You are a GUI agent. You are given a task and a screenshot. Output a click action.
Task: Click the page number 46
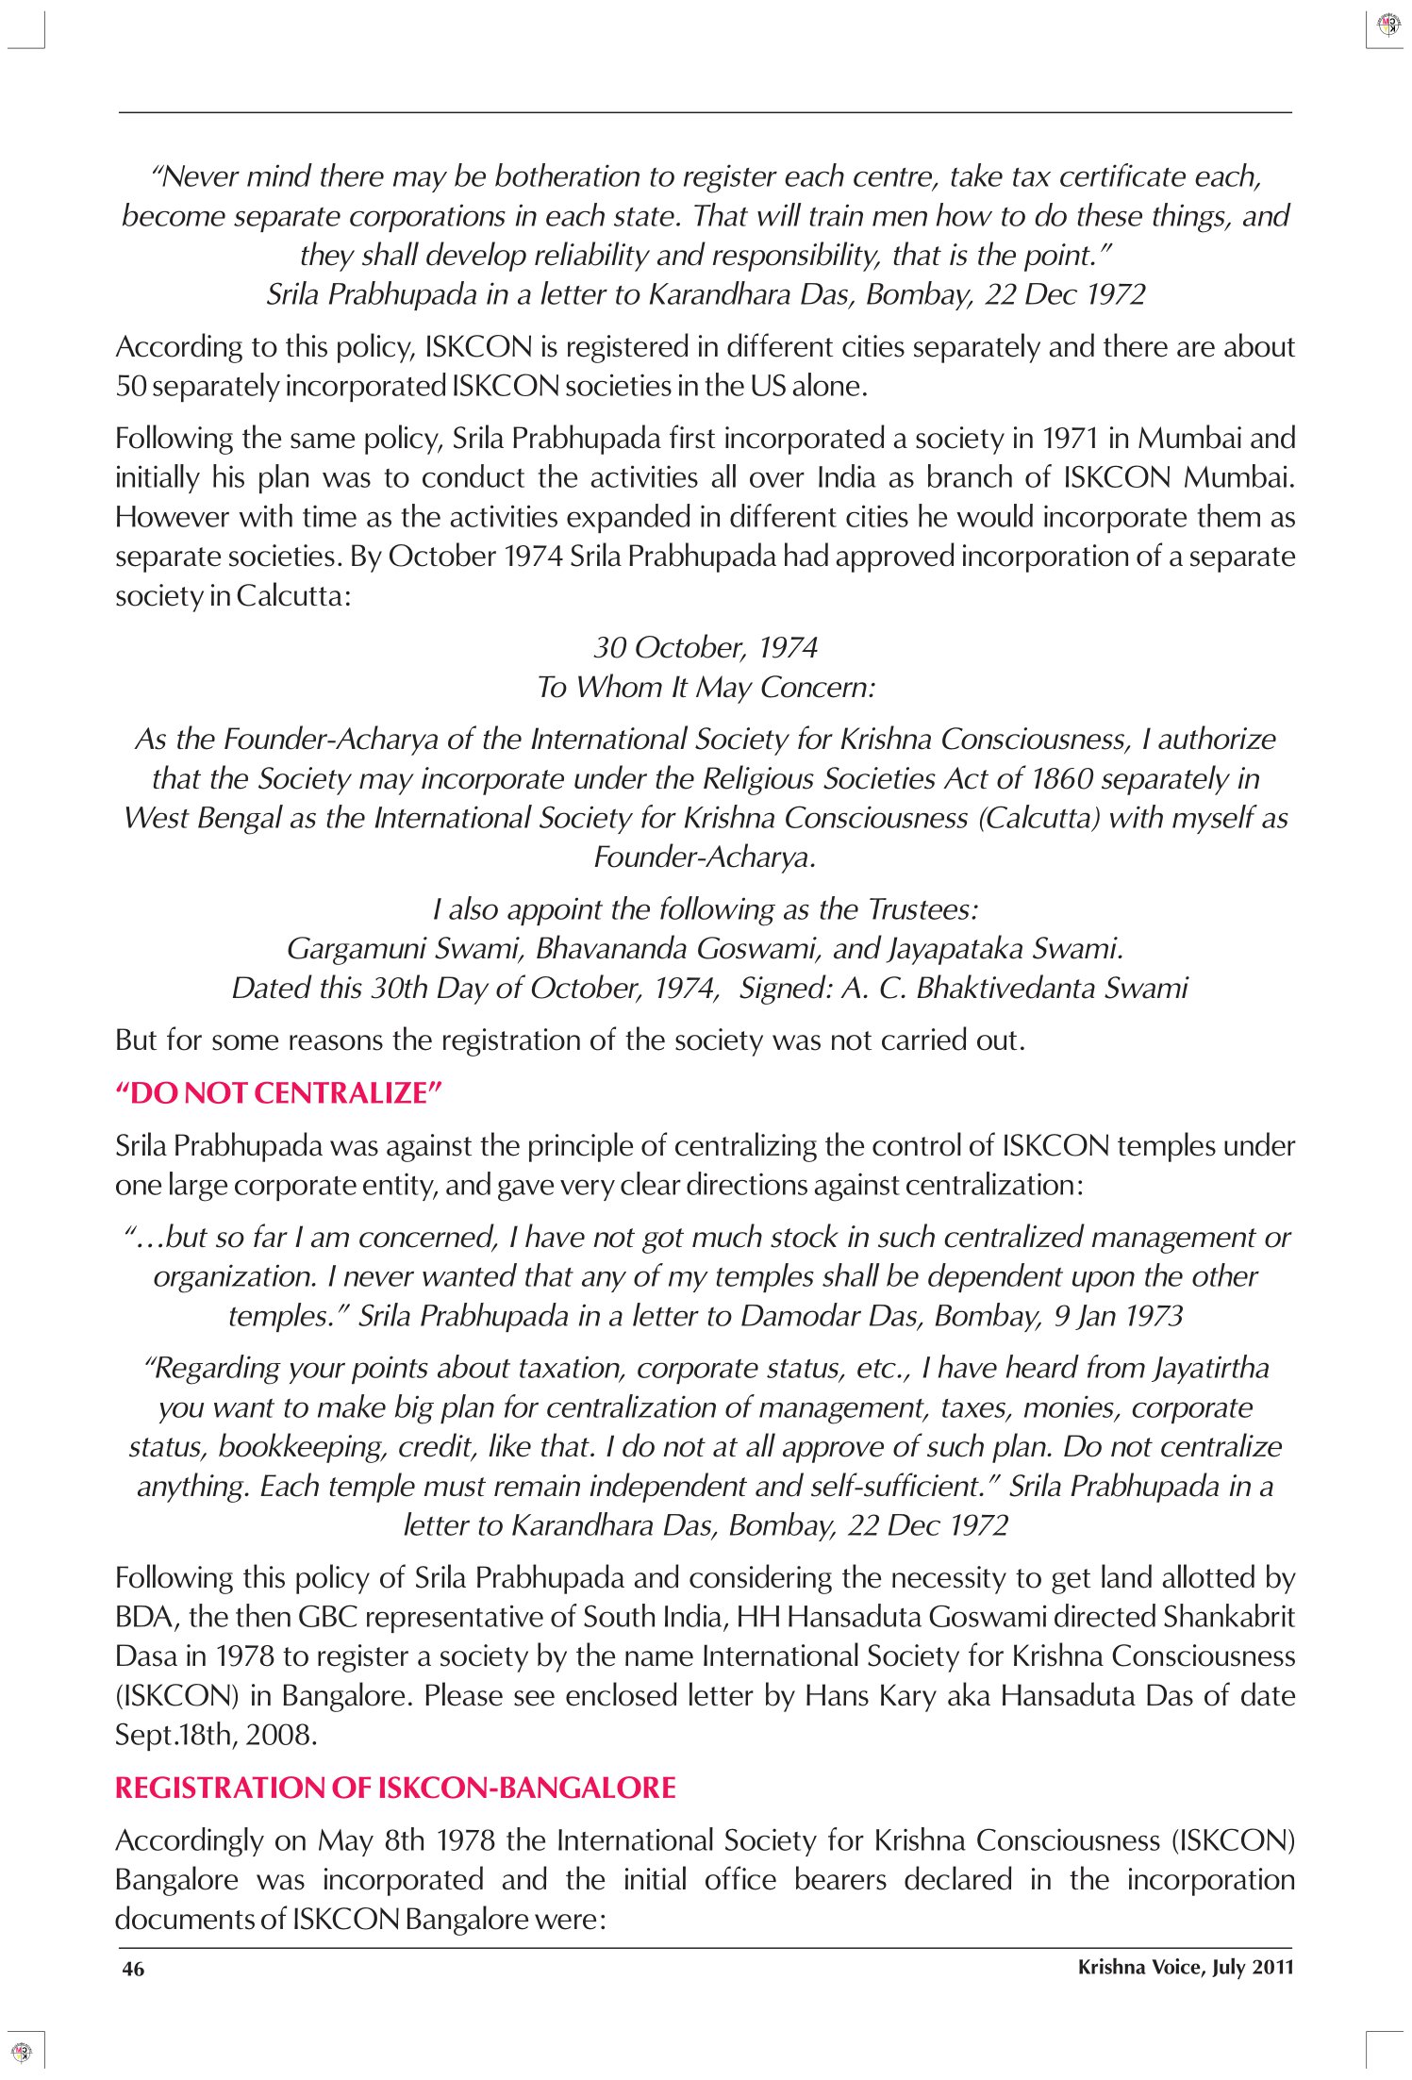click(133, 1968)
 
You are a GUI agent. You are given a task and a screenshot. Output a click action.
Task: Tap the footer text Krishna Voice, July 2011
click(1185, 1967)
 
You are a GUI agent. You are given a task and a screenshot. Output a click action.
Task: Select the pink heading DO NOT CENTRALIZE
click(278, 1092)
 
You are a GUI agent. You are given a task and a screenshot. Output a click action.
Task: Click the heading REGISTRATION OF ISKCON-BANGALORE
click(395, 1788)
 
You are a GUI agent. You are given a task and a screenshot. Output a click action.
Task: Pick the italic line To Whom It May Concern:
click(706, 687)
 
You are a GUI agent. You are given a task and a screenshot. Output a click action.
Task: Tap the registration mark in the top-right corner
click(1388, 25)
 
